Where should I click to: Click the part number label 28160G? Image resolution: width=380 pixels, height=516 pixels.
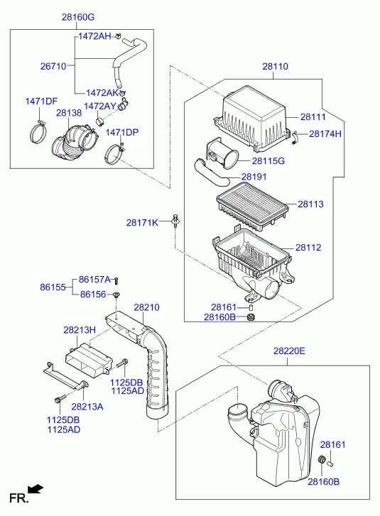click(78, 17)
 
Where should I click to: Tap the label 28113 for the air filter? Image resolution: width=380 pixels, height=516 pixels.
click(310, 204)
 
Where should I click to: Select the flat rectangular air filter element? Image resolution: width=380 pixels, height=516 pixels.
click(252, 207)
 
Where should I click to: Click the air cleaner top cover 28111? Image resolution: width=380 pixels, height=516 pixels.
click(252, 119)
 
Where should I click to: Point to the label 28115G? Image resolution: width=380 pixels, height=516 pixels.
click(268, 161)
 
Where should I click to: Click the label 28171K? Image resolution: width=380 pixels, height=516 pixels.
click(142, 223)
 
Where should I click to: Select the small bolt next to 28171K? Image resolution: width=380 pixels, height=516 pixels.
click(176, 220)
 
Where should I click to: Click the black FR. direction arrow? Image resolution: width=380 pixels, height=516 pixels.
click(36, 489)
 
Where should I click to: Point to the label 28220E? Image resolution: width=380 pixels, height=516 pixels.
click(289, 351)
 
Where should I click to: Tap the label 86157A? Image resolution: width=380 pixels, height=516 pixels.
click(94, 280)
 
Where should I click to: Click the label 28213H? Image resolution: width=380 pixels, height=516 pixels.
click(80, 330)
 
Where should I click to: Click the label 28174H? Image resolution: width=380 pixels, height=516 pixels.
click(325, 133)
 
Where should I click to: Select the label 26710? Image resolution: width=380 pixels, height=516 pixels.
click(53, 66)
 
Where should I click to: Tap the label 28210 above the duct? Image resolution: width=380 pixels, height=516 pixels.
click(146, 307)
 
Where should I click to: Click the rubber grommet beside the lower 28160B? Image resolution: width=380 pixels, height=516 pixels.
click(321, 459)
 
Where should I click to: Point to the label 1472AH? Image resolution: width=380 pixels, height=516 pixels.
click(95, 36)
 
